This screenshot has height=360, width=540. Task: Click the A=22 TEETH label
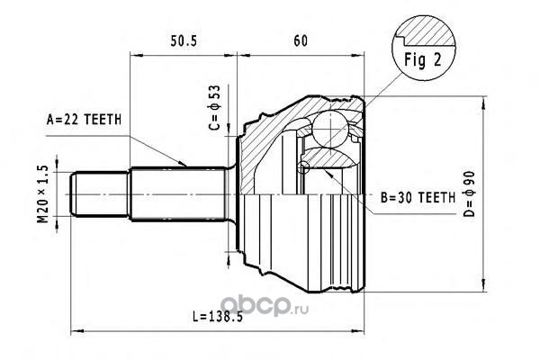click(x=85, y=118)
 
